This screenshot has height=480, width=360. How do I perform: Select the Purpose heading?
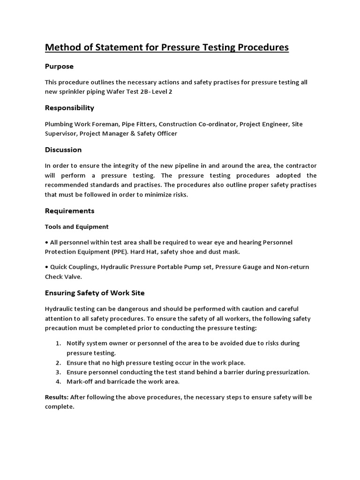pos(59,67)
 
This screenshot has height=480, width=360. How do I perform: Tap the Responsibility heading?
pos(69,108)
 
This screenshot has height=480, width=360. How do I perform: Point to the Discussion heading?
pos(63,150)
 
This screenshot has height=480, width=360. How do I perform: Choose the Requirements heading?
pos(69,211)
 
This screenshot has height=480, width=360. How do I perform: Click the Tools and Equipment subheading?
pos(76,227)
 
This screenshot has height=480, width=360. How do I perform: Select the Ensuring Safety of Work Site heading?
pos(95,293)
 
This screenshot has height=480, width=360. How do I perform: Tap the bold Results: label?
pos(57,397)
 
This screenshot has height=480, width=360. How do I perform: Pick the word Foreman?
pos(103,124)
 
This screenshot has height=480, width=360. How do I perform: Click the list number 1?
pos(58,343)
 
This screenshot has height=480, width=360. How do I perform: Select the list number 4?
pos(58,382)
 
